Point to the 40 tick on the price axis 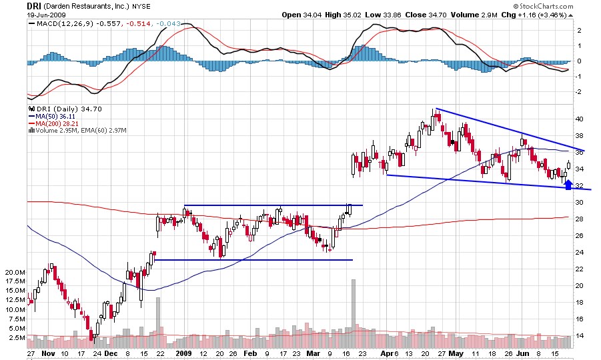point(580,119)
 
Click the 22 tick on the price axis point(580,269)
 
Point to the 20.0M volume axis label point(15,273)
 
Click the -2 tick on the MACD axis point(579,91)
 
